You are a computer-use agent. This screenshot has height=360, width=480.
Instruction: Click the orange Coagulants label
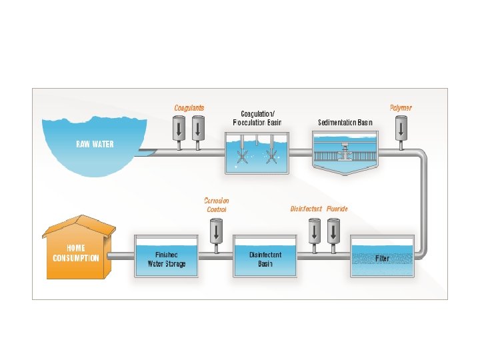(x=189, y=107)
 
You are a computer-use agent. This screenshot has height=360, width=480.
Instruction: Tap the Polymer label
(x=401, y=107)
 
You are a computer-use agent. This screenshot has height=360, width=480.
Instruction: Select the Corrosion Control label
(x=216, y=205)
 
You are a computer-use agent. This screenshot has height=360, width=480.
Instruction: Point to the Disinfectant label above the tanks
(x=306, y=209)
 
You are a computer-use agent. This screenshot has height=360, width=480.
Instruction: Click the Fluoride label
(x=337, y=209)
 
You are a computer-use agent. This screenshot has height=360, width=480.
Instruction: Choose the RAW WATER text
(x=94, y=144)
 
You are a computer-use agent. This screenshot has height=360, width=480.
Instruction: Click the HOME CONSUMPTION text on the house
(x=76, y=253)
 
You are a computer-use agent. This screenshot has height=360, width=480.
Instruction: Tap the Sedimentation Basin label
(x=345, y=123)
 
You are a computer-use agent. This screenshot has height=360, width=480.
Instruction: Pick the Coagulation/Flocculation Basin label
(x=257, y=118)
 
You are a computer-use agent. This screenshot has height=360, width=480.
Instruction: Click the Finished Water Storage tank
(x=167, y=257)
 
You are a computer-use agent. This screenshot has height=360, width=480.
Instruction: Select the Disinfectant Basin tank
(x=265, y=257)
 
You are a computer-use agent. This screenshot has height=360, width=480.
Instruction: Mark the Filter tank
(x=382, y=257)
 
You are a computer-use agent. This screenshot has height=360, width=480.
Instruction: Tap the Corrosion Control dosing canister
(x=216, y=231)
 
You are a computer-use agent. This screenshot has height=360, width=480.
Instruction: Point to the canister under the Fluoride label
(x=332, y=231)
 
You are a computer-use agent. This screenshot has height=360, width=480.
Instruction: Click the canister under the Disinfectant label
(x=313, y=231)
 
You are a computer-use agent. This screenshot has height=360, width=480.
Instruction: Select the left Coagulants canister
(x=179, y=128)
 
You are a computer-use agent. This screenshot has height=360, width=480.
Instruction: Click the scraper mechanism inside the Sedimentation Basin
(x=345, y=153)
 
